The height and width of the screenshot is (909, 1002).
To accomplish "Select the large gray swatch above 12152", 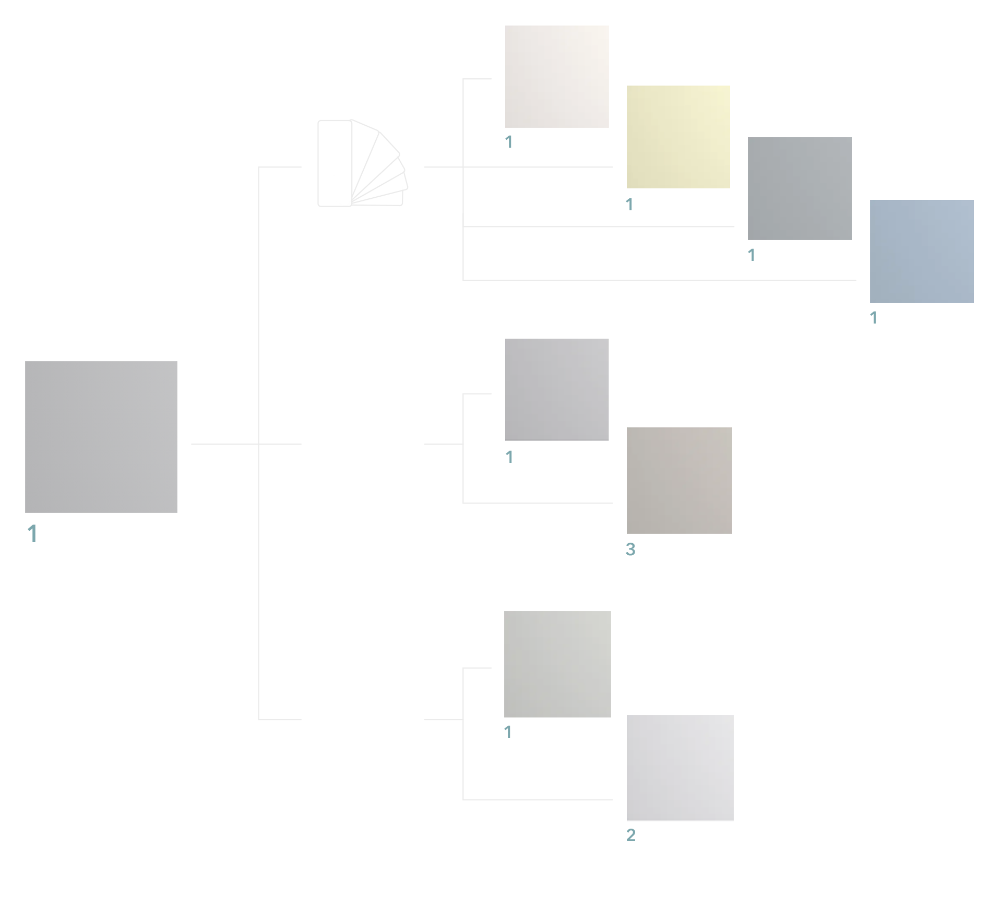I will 101,437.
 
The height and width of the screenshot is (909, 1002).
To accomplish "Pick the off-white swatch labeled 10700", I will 557,76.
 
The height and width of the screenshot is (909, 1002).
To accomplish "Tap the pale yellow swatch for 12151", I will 678,137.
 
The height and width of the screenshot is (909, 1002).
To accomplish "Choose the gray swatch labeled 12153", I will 800,188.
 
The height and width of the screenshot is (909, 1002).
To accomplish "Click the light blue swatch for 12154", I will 921,251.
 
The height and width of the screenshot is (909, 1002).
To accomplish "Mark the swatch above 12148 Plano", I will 557,389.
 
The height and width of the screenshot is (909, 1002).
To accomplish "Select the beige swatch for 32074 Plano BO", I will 679,480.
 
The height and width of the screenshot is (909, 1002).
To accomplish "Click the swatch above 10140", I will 557,664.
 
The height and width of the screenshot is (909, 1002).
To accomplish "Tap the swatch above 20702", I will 679,768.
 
